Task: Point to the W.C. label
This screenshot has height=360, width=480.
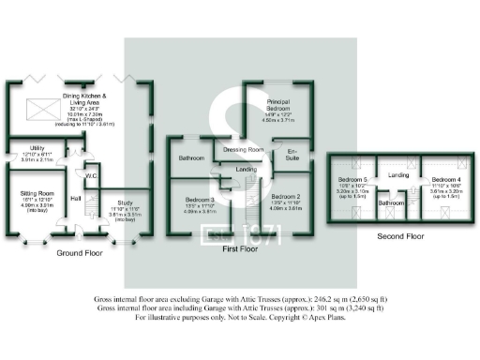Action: [x=91, y=174]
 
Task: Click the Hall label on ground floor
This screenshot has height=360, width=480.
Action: [x=75, y=198]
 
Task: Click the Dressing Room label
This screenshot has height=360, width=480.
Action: [x=242, y=149]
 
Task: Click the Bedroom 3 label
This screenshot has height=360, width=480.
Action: [x=200, y=200]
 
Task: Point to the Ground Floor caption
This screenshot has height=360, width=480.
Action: [x=79, y=253]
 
